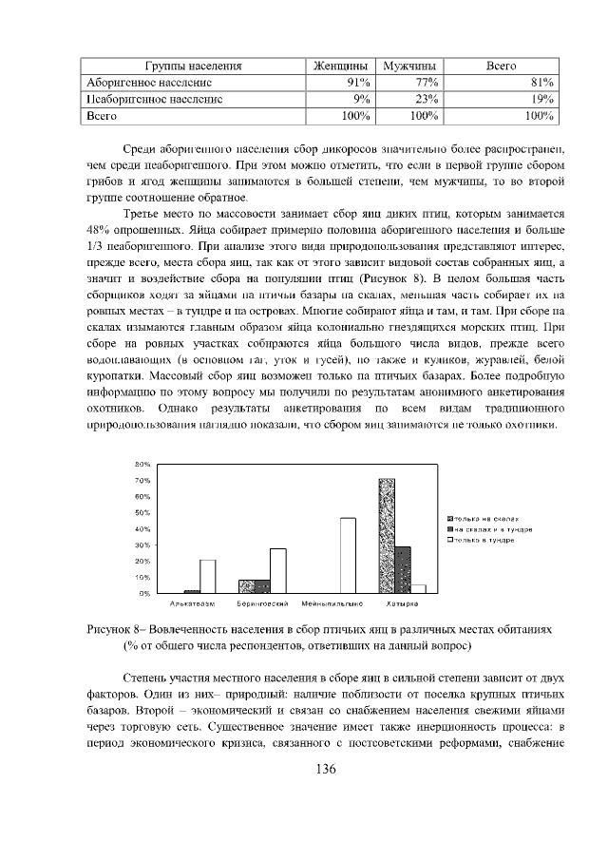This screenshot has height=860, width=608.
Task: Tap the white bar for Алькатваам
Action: tap(207, 576)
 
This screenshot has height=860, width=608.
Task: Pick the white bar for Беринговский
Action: tap(277, 570)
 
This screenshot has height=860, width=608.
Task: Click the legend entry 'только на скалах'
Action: tap(485, 519)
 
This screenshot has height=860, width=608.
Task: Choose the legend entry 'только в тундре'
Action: tap(484, 540)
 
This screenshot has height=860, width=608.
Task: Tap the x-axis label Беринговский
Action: tap(261, 603)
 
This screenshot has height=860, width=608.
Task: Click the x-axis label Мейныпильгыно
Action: tap(331, 603)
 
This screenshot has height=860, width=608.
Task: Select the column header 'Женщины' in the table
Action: tap(340, 67)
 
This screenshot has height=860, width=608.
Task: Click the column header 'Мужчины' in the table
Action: tap(408, 67)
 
